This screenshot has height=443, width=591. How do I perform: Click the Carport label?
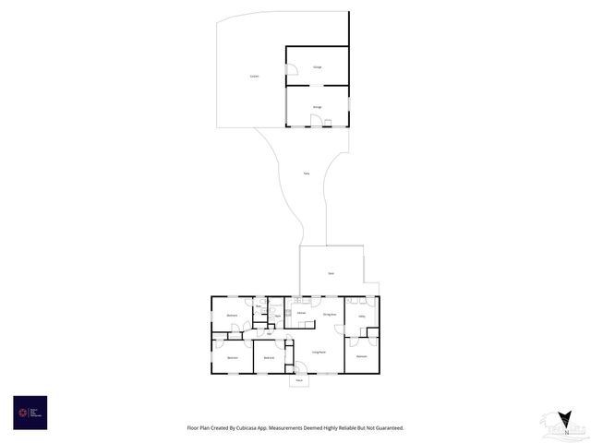tap(254, 76)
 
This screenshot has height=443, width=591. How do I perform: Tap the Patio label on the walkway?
tap(306, 174)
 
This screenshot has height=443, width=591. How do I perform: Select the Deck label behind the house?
tap(331, 273)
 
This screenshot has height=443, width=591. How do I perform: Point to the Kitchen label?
tap(301, 314)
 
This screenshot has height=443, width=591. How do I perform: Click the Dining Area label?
tap(329, 315)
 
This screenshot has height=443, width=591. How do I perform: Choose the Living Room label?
tap(317, 353)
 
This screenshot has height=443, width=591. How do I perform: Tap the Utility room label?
tap(362, 317)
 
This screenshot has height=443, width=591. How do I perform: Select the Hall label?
tap(269, 333)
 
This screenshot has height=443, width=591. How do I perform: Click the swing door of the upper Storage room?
tap(291, 69)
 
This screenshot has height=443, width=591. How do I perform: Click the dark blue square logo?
tap(30, 413)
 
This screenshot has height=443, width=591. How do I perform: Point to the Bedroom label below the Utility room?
tap(362, 355)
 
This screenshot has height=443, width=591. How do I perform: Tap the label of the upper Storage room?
tap(317, 67)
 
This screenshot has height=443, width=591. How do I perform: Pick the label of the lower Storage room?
tap(317, 107)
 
